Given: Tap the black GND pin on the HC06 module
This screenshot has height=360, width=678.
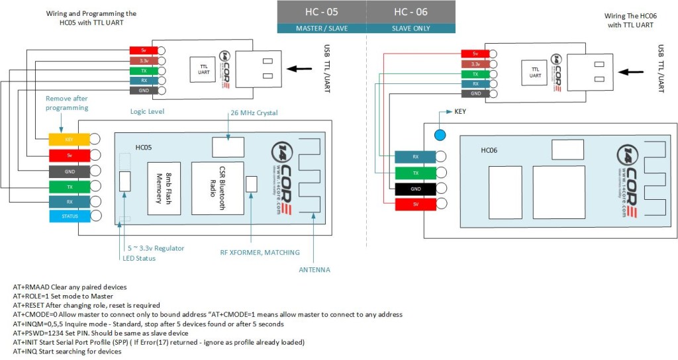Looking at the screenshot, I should click(x=414, y=188).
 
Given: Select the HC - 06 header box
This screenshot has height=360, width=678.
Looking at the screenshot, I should click(x=411, y=12).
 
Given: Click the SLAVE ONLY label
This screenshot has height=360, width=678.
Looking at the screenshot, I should click(x=411, y=28).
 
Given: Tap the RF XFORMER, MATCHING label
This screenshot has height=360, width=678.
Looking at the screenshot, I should click(x=260, y=252).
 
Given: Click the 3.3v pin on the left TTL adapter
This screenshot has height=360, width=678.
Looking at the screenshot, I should click(x=144, y=60).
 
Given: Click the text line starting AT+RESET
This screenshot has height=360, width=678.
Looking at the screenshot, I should click(x=86, y=305).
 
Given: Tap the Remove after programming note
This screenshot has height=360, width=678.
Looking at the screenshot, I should click(x=66, y=103).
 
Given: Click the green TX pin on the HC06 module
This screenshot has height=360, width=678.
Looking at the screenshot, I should click(x=414, y=173).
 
